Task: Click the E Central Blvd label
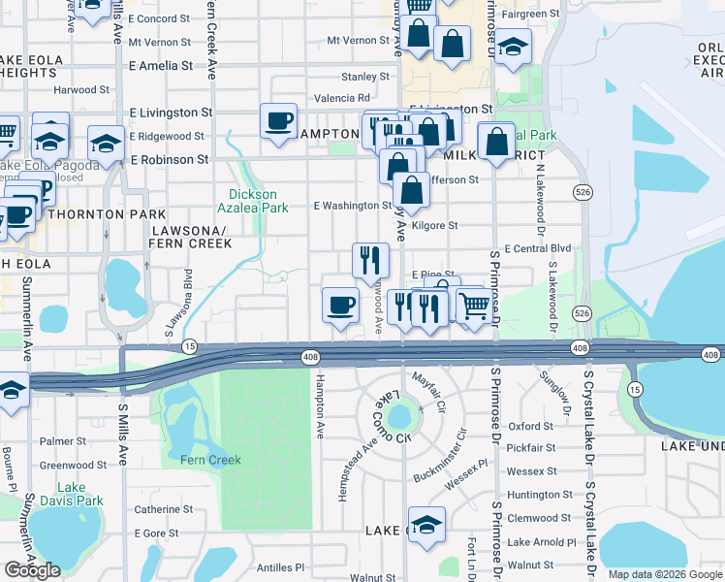pos(537,248)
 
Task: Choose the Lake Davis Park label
pos(79,494)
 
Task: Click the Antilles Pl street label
pos(277,567)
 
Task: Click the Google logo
pos(32,570)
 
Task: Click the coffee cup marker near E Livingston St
pos(279,121)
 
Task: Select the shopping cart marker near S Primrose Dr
pos(473,306)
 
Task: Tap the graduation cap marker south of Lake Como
pos(426,524)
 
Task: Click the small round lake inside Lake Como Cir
pos(398,418)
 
